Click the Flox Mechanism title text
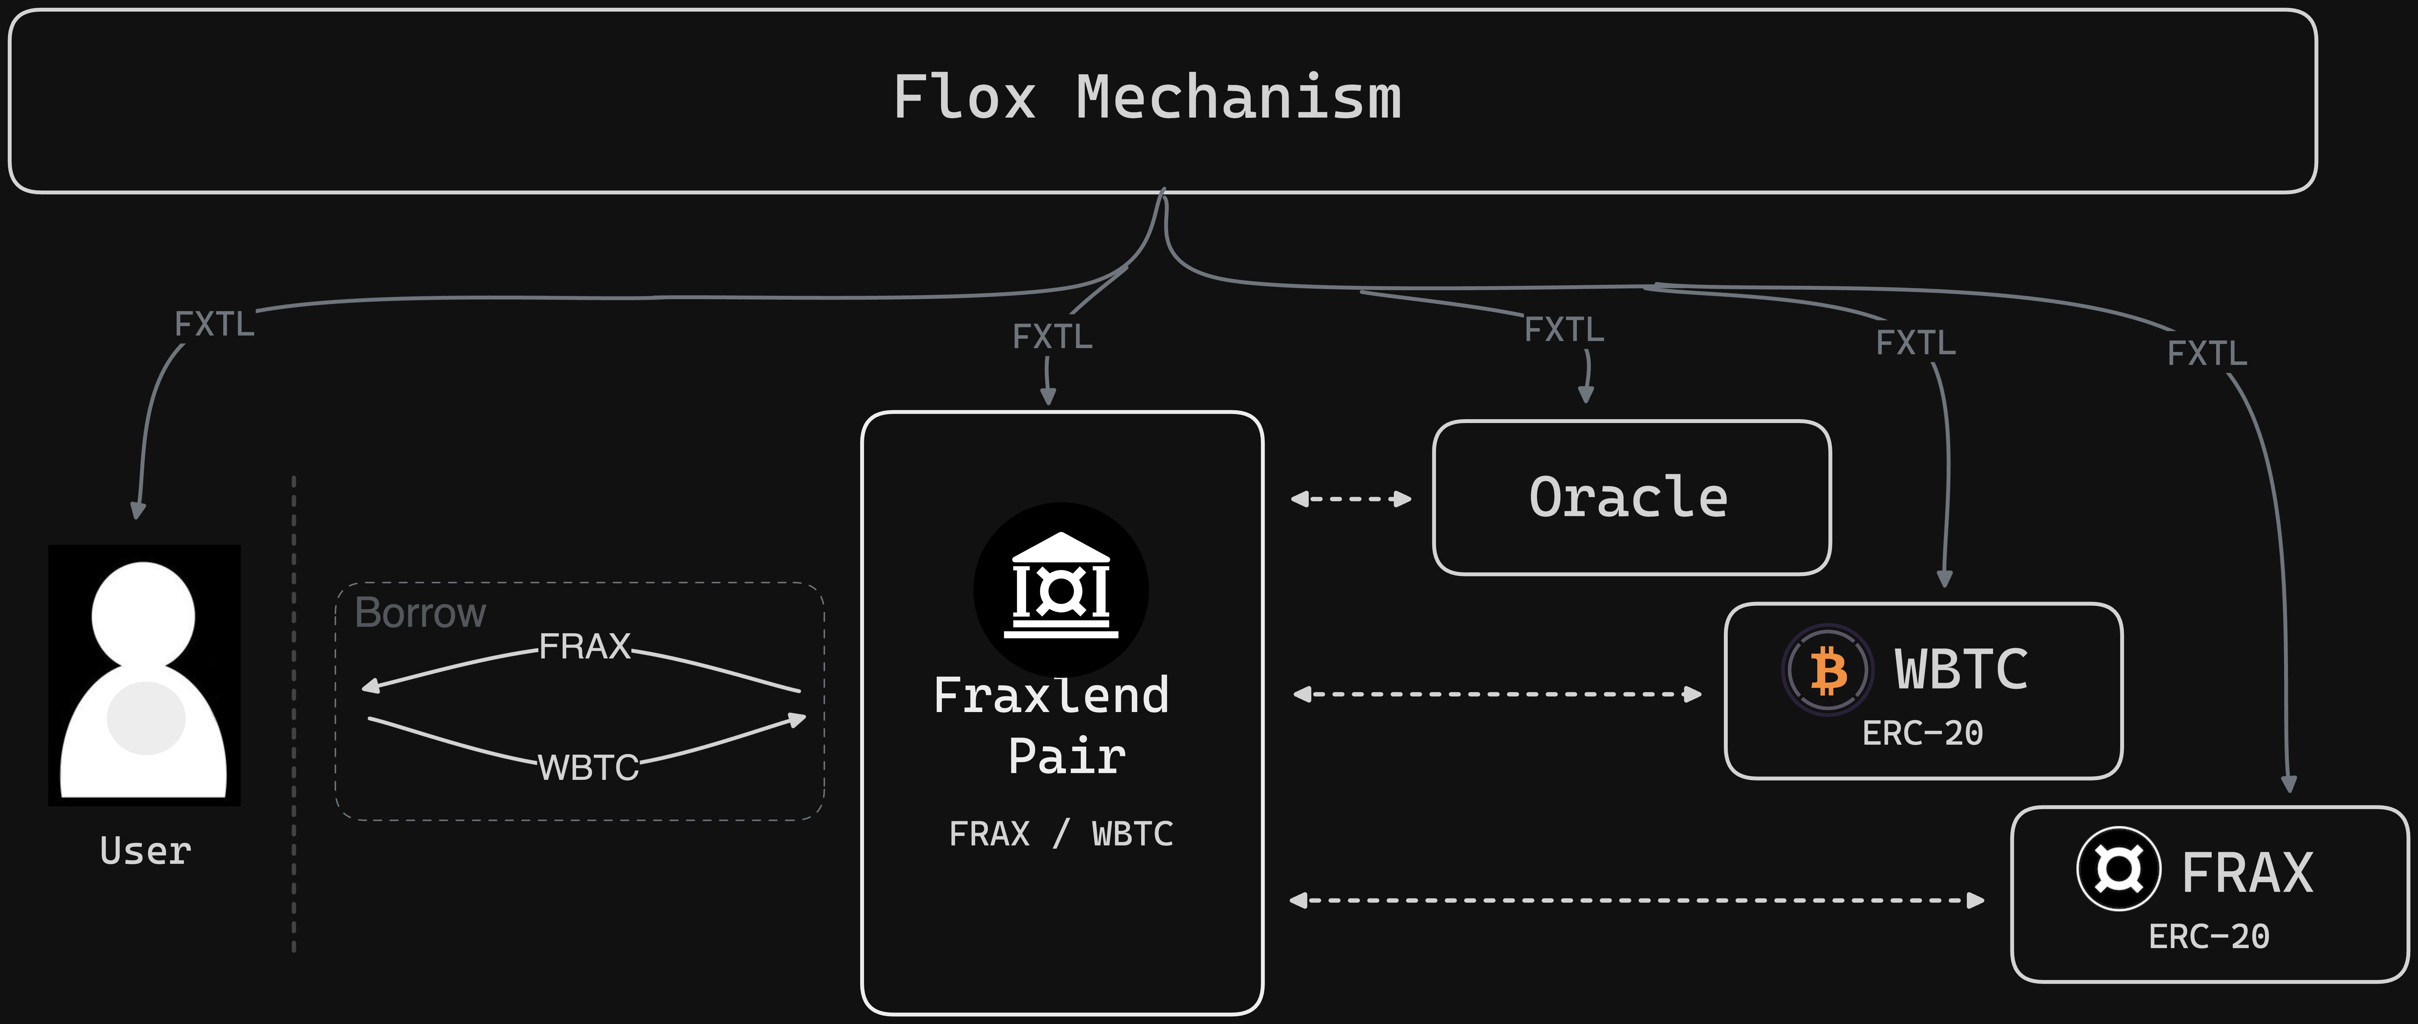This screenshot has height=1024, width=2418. (x=1147, y=98)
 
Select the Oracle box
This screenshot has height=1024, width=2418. (x=1631, y=497)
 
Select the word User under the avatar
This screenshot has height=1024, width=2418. (x=145, y=850)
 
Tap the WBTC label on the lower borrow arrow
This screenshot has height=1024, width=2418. (x=588, y=768)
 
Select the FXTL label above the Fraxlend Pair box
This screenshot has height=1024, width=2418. (x=1052, y=336)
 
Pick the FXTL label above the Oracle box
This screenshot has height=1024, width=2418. (x=1564, y=329)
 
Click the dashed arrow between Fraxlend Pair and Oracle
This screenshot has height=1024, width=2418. (x=1351, y=498)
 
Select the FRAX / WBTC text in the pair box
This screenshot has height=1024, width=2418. (x=1061, y=833)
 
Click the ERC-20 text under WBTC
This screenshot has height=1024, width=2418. (x=1923, y=733)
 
